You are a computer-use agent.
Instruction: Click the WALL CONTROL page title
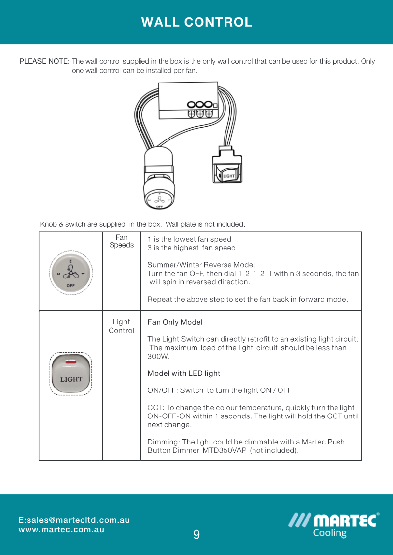pos(196,22)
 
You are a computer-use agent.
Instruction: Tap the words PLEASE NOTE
pos(44,62)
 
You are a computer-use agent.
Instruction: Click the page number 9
pos(196,535)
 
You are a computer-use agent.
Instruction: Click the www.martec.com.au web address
pos(61,530)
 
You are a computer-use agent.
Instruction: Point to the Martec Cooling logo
pos(334,525)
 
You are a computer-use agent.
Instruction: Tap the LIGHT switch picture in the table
pos(71,374)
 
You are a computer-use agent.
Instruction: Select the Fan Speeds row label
pos(121,242)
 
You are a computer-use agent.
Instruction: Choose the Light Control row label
pos(121,327)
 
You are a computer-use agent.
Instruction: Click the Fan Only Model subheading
pos(175,323)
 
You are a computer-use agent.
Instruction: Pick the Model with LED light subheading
pos(184,374)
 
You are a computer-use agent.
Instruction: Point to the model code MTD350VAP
pos(225,450)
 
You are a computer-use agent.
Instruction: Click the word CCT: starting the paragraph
pos(156,408)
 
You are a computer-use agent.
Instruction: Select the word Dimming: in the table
pos(164,442)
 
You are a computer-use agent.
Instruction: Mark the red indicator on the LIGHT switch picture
pos(71,362)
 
